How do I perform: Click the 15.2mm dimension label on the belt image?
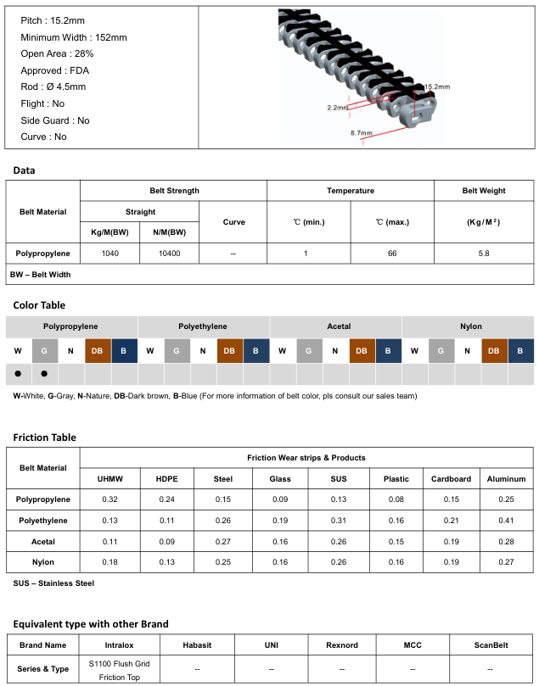pyautogui.click(x=437, y=86)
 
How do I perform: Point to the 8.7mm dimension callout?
pyautogui.click(x=362, y=132)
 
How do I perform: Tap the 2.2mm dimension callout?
pyautogui.click(x=338, y=107)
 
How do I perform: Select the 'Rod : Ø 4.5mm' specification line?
pyautogui.click(x=53, y=86)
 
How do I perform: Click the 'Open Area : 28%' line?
pyautogui.click(x=57, y=53)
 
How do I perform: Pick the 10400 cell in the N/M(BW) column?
pyautogui.click(x=170, y=254)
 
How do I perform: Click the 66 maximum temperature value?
pyautogui.click(x=392, y=254)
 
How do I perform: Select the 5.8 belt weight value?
pyautogui.click(x=484, y=254)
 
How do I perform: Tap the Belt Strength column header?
pyautogui.click(x=174, y=191)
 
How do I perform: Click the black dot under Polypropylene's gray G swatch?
pyautogui.click(x=44, y=374)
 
